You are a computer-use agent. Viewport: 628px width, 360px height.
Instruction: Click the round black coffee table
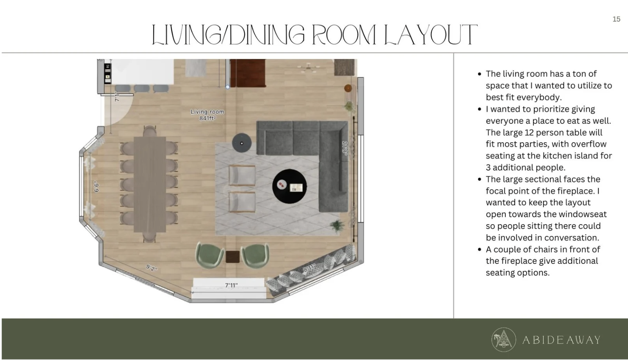pos(289,186)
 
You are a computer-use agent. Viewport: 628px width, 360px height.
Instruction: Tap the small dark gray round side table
pos(242,143)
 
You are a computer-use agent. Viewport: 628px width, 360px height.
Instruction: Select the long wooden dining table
pos(150,184)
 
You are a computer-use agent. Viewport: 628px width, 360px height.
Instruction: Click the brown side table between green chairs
pos(233,257)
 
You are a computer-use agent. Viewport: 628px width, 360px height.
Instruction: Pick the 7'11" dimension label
pos(231,286)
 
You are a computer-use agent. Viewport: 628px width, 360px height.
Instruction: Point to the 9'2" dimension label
pos(152,268)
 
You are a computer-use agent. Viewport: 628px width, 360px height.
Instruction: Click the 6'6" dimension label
pos(96,187)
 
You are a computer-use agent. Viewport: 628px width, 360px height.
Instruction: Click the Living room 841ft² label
pos(207,115)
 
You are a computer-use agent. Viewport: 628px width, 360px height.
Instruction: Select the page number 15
pos(616,19)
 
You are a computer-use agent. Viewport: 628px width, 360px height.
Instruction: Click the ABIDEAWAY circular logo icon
pos(504,340)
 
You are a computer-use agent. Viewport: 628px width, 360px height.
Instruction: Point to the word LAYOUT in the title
pos(431,35)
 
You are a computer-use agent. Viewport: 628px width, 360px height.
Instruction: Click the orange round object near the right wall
pos(348,88)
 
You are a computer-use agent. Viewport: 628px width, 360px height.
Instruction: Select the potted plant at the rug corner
pos(337,226)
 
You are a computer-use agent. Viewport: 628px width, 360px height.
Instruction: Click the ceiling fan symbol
pos(309,67)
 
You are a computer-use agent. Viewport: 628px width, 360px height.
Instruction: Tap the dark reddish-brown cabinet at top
pos(248,73)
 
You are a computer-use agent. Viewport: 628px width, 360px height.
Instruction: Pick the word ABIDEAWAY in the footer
pos(561,340)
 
